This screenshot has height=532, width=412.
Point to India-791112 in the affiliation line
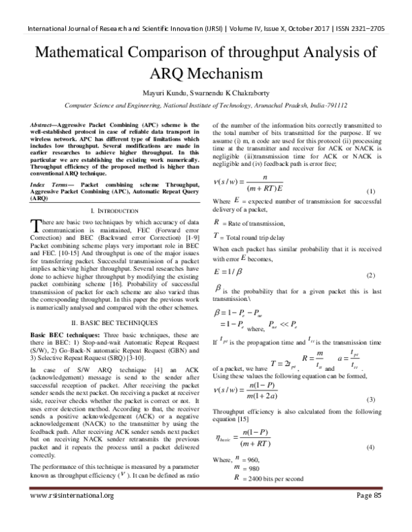pyautogui.click(x=325, y=106)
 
